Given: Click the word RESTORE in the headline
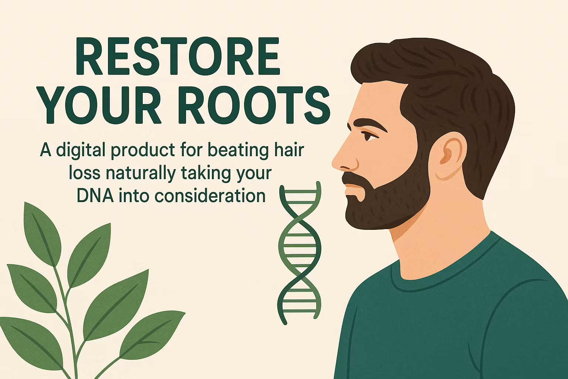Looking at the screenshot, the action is [178, 56].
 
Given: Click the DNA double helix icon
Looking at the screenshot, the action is [300, 252].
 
